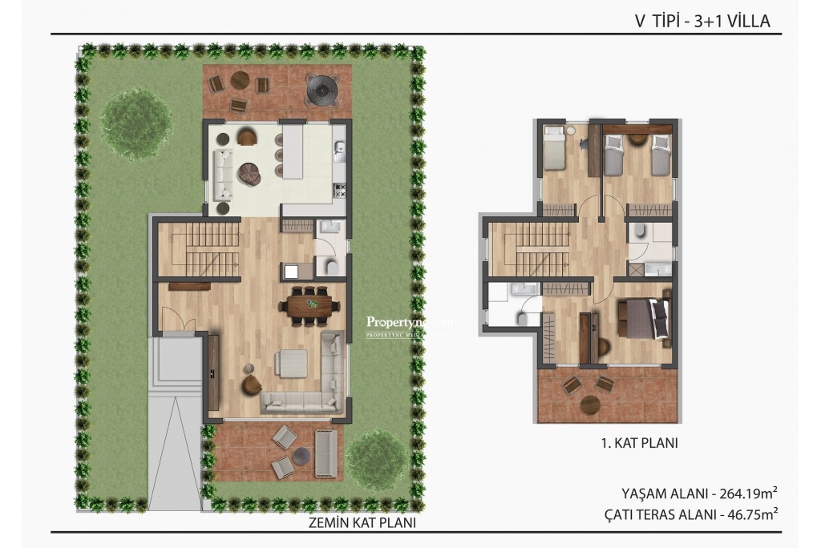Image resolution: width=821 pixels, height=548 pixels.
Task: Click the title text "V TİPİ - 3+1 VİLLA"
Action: tap(702, 22)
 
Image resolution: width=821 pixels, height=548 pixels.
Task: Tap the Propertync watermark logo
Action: tap(409, 324)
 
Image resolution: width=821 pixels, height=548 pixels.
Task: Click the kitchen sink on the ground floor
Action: tap(340, 149)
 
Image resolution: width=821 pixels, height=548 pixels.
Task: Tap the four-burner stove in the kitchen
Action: tap(338, 191)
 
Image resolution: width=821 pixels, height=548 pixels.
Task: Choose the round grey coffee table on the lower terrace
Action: tap(301, 455)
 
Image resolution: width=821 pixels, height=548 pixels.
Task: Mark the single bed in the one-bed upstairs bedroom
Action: tap(554, 148)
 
